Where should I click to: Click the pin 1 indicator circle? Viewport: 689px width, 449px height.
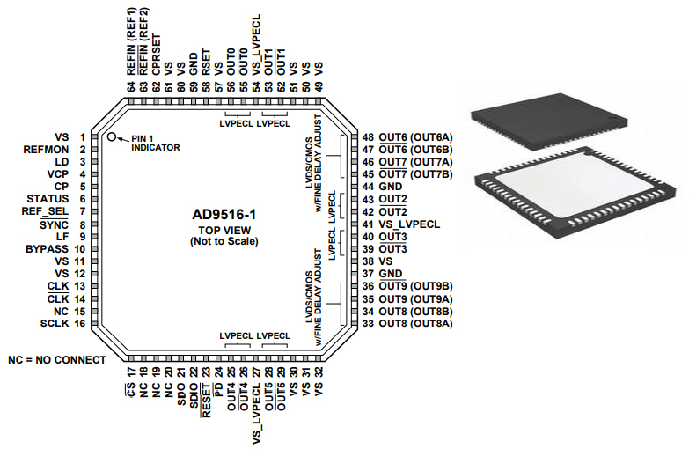(112, 137)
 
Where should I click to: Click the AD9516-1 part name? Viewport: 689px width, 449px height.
(224, 214)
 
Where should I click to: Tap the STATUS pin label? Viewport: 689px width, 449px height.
(48, 199)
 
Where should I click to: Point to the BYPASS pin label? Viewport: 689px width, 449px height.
(48, 249)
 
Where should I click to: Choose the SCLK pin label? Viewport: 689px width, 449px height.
(54, 323)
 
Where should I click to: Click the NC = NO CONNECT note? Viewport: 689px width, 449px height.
(56, 360)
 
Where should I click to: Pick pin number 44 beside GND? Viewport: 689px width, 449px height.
(369, 187)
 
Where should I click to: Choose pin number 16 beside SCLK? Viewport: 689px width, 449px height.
(80, 323)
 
